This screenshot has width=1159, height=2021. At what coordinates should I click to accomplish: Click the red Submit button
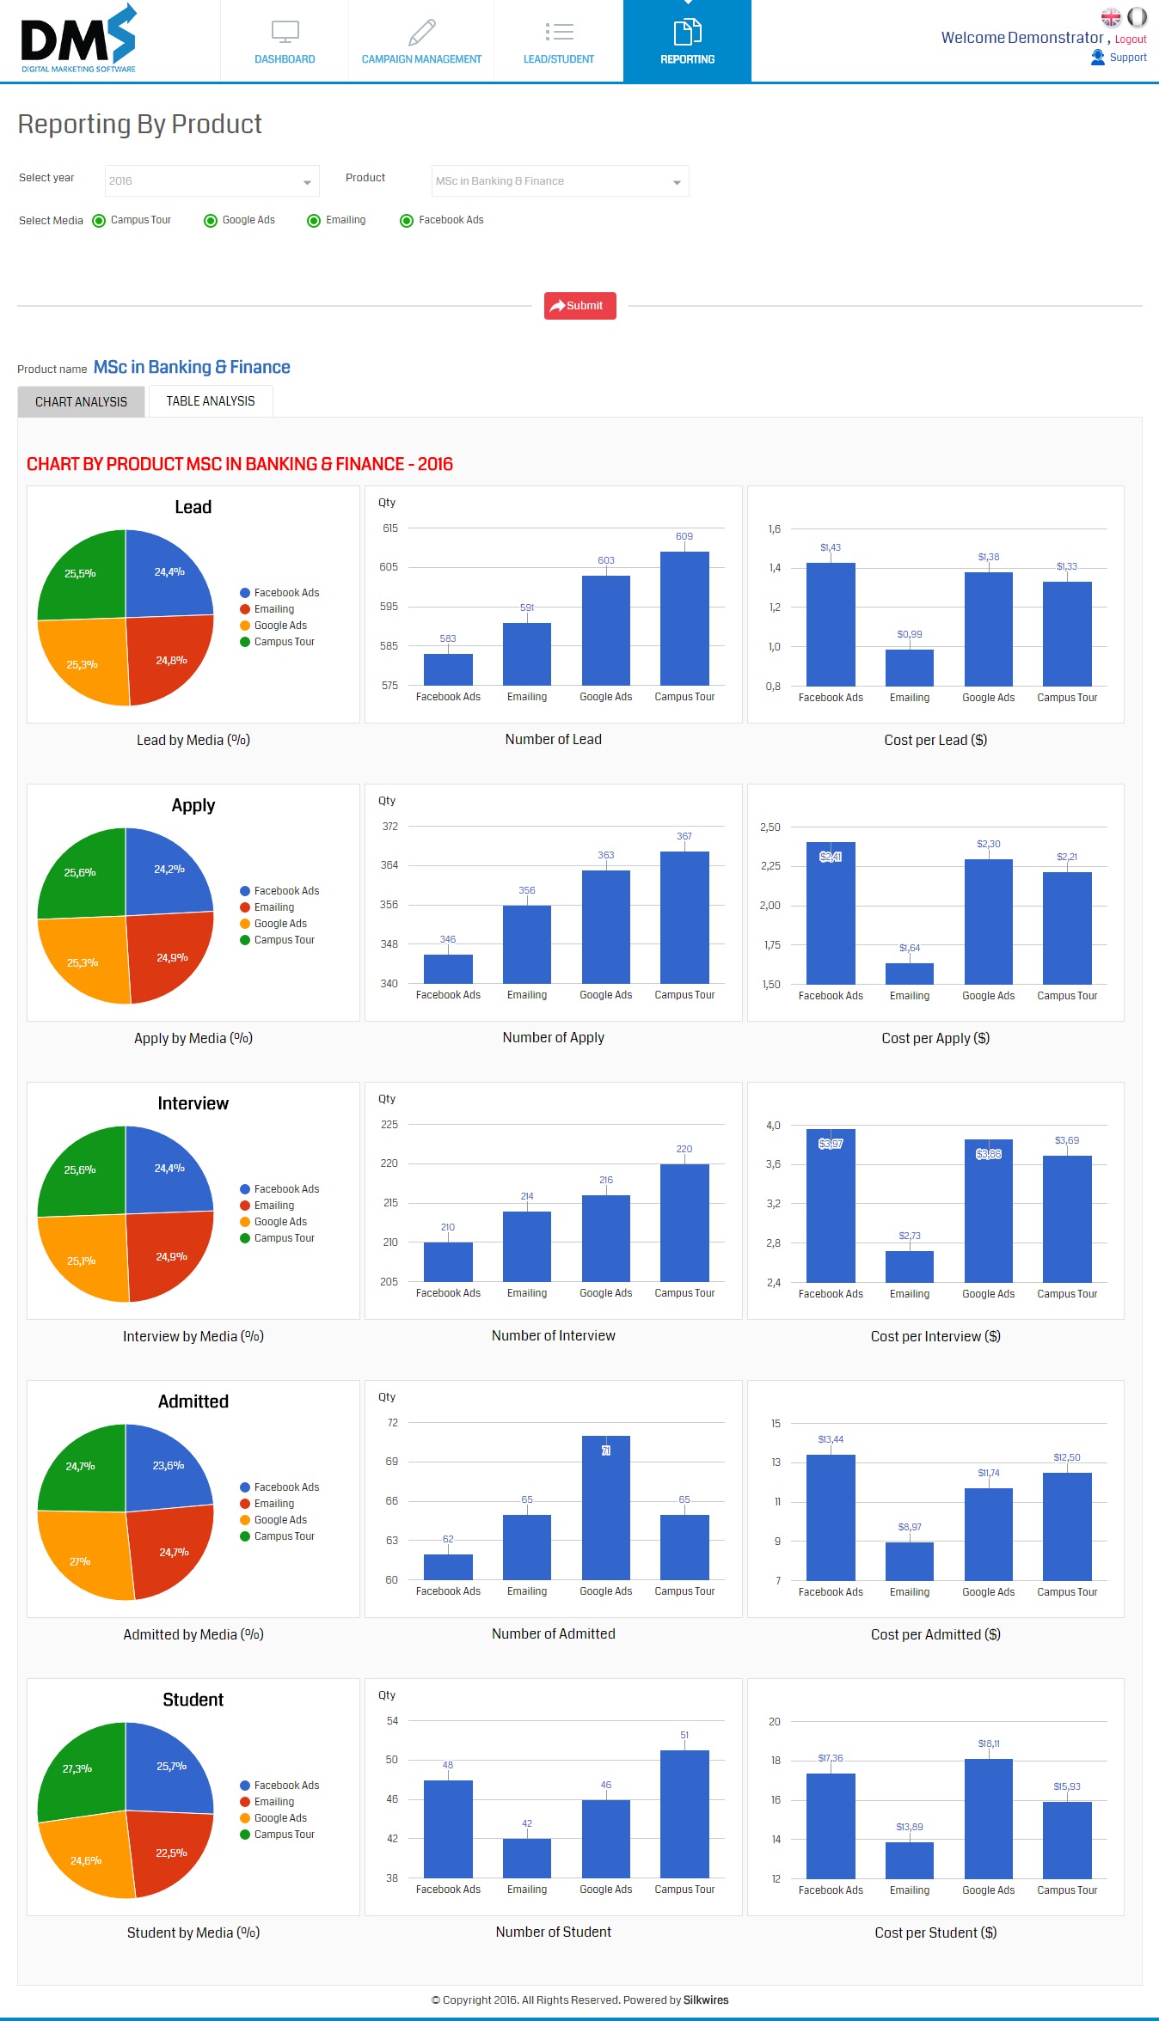[580, 306]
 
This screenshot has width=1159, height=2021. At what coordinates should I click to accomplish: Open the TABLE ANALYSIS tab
[211, 401]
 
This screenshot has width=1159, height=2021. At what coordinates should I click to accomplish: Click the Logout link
[1131, 40]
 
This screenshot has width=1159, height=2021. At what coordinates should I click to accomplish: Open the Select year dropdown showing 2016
[212, 181]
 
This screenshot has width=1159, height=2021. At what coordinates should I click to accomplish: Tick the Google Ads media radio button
[211, 221]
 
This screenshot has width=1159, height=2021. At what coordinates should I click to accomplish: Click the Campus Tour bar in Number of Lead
[684, 619]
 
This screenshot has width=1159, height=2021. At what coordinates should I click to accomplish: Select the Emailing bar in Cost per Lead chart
[910, 668]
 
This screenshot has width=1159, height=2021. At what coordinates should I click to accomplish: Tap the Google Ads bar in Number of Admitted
[606, 1508]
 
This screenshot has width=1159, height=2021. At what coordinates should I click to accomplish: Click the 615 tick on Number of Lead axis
[390, 528]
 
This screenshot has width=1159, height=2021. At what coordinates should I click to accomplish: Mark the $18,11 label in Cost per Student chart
[989, 1743]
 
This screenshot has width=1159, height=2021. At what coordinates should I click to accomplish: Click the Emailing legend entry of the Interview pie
[273, 1206]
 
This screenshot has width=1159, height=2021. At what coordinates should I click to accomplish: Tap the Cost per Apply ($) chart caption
[935, 1038]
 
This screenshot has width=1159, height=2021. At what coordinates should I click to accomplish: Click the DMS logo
[78, 39]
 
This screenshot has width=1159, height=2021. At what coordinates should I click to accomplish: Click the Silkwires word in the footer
[706, 2000]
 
